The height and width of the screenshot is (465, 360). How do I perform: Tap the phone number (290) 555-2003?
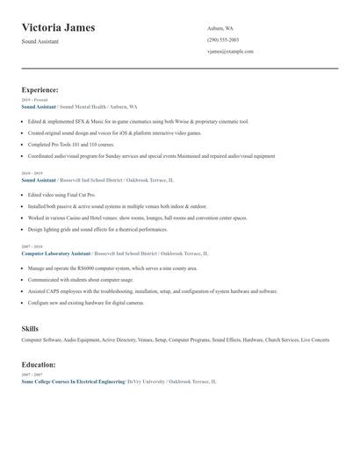tap(222, 39)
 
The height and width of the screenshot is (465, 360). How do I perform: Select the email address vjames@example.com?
tap(230, 51)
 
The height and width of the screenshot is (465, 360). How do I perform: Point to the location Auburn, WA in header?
tap(221, 28)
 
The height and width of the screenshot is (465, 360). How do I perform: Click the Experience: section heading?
tap(40, 89)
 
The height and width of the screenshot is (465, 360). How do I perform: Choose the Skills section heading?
tap(30, 328)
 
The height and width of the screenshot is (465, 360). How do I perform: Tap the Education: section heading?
tap(39, 364)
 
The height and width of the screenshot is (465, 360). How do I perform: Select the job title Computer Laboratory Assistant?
tap(56, 253)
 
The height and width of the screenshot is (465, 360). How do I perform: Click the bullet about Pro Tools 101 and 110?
tap(71, 144)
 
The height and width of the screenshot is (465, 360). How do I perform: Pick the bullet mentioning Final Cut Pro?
tap(61, 194)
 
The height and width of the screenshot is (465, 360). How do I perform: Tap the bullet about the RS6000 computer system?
tap(112, 268)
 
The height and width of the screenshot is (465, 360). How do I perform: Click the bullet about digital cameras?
tap(86, 302)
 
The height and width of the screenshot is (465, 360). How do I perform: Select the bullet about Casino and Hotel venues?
tap(137, 217)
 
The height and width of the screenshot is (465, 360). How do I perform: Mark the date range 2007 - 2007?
tap(32, 375)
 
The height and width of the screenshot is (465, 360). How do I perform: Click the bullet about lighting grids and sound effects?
tap(97, 229)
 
